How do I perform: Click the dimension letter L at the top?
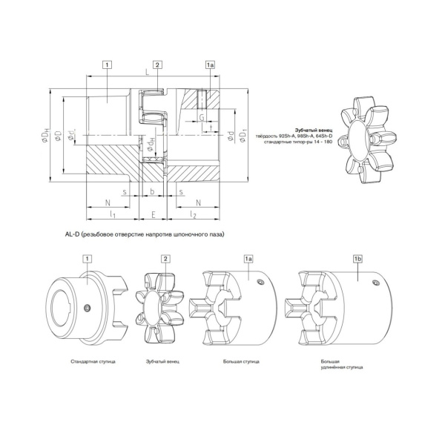[x=148, y=73]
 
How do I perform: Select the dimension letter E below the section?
[x=152, y=214]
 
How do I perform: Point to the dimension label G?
[x=201, y=116]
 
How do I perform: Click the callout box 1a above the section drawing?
[x=210, y=66]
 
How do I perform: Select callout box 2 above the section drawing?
[x=157, y=66]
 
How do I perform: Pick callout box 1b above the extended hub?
[x=358, y=258]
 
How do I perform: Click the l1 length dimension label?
[x=111, y=214]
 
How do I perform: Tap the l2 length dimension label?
[x=193, y=214]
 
